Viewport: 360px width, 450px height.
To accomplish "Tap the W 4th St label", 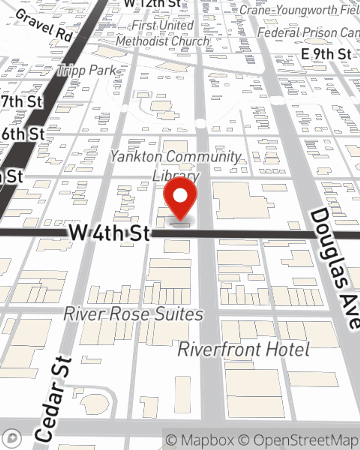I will (x=109, y=233).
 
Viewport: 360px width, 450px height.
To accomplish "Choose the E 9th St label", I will (x=326, y=54).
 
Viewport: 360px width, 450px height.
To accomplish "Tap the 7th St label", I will (x=22, y=102).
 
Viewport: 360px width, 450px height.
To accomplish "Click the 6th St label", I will (x=23, y=134).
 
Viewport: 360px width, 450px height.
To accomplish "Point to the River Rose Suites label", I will (x=133, y=314).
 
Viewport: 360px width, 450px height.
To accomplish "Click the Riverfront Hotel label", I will (x=244, y=350).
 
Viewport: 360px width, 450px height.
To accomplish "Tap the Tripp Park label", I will (x=87, y=71).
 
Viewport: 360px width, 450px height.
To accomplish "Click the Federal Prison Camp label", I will (x=308, y=33).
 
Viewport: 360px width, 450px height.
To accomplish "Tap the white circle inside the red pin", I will (x=180, y=196).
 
